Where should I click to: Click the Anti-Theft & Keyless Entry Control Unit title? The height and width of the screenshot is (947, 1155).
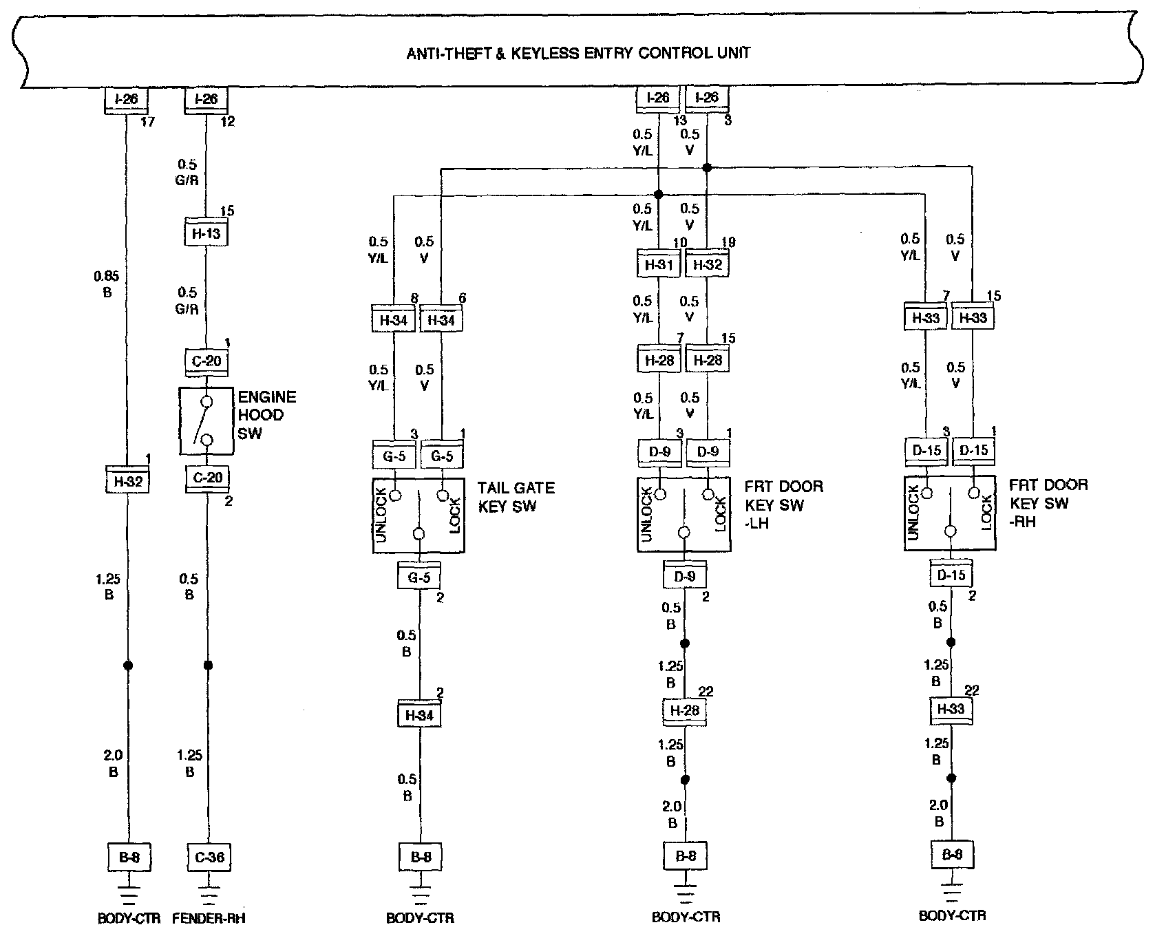578,52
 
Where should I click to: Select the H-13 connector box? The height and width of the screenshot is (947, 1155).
206,233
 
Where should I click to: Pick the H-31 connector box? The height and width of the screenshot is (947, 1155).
658,264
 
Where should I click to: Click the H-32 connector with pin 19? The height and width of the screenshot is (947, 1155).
708,264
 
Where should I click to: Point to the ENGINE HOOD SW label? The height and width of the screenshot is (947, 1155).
267,415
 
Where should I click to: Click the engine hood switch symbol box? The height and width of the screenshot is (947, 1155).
206,421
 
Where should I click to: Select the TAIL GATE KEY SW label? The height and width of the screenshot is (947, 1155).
516,497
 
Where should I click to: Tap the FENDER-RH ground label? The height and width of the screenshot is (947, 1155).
209,918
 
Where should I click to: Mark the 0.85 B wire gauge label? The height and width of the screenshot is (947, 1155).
107,284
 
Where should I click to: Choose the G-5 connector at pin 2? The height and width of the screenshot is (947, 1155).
419,577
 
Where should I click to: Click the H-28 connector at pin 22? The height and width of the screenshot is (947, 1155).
685,710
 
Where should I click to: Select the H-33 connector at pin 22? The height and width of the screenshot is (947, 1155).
951,708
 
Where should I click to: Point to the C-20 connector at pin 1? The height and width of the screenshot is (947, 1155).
206,361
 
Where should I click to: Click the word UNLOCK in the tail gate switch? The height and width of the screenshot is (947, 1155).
383,515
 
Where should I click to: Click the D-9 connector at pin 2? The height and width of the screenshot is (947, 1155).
685,575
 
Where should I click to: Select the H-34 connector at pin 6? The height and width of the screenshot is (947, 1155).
441,320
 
